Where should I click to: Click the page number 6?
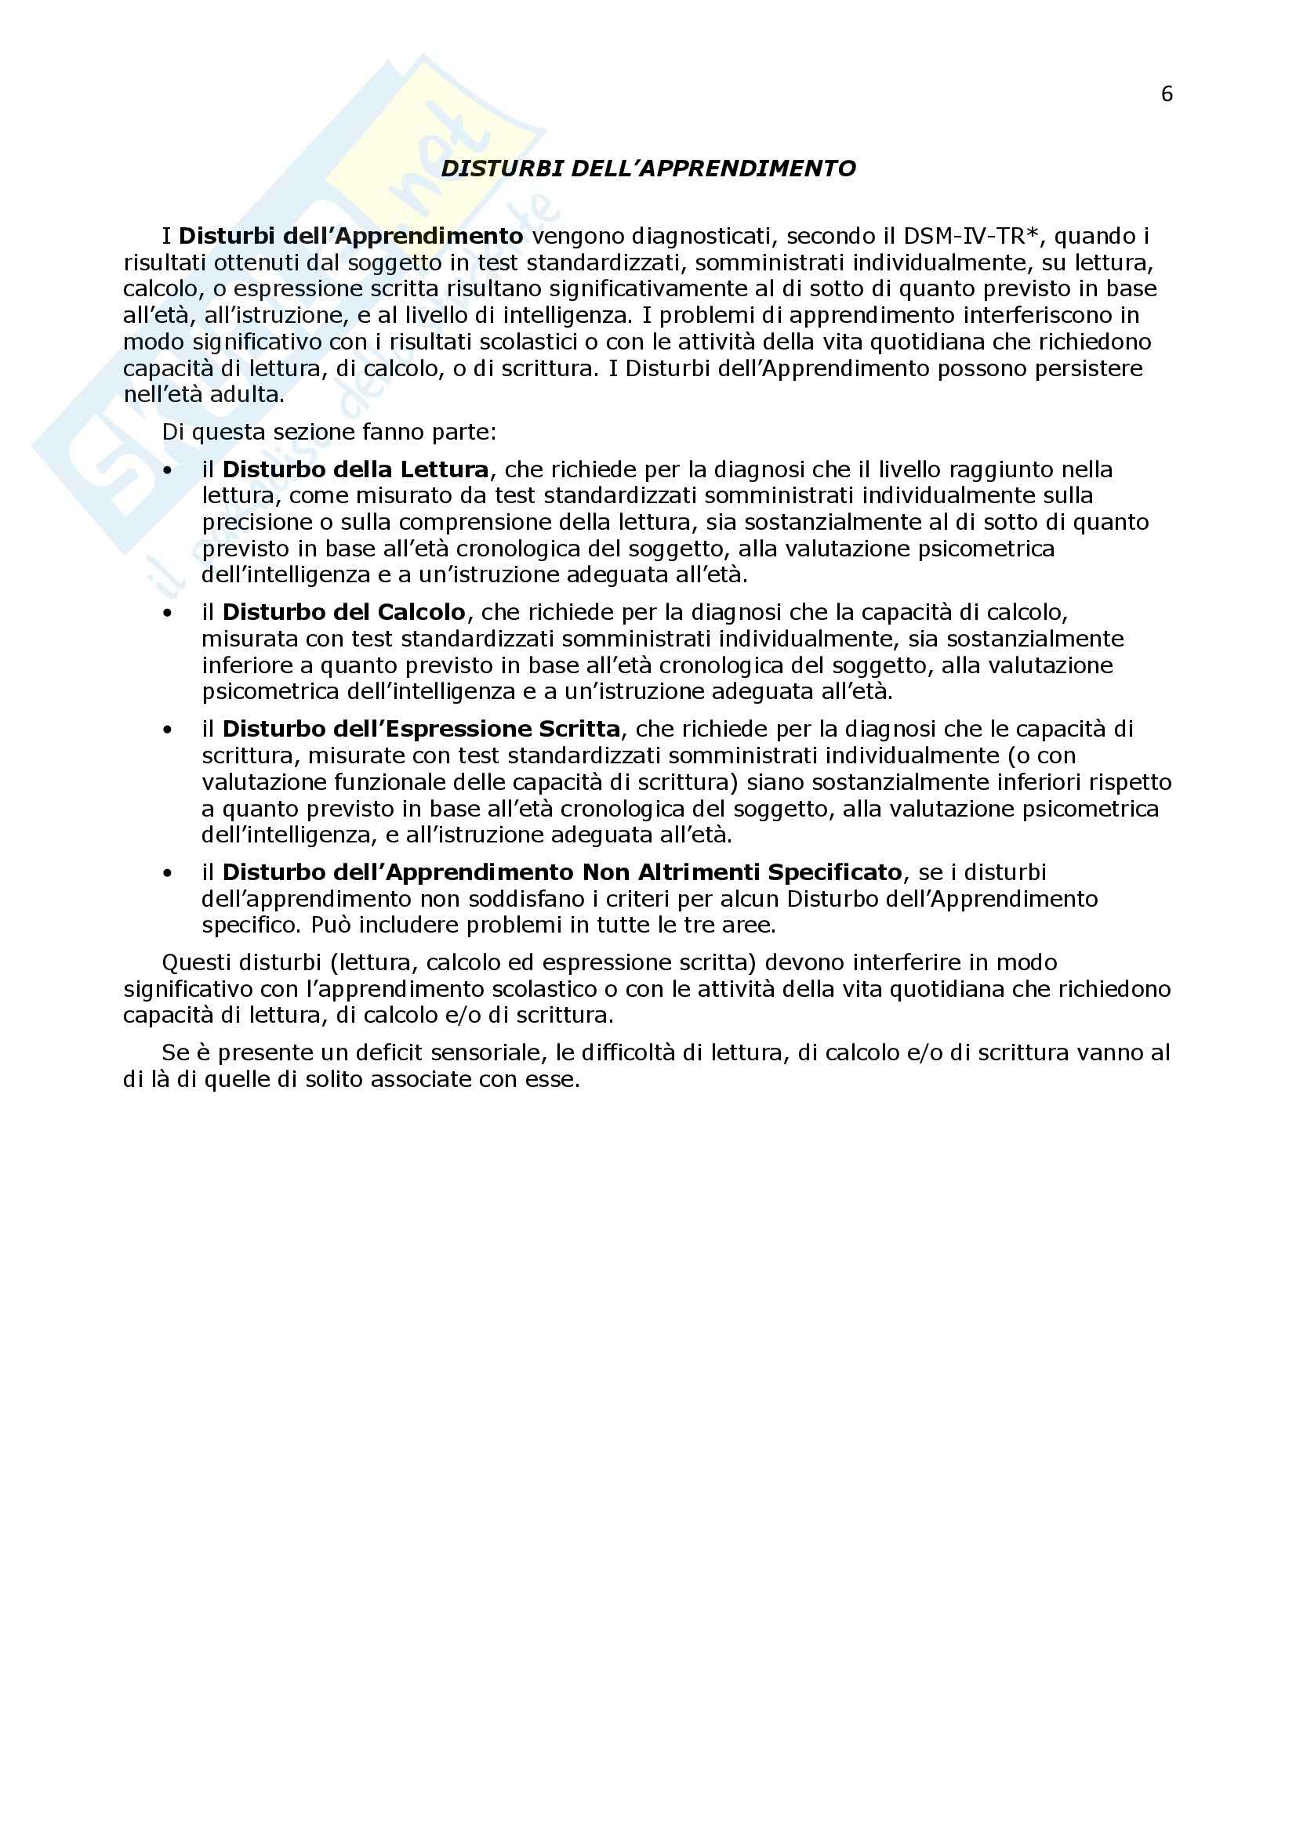click(x=1167, y=94)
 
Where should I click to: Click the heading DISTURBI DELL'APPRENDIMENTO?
click(x=648, y=168)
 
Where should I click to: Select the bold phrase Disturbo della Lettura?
click(x=355, y=469)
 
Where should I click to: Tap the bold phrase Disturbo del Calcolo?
click(x=343, y=612)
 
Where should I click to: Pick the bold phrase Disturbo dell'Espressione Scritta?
click(x=421, y=729)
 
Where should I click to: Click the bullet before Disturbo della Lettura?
click(x=168, y=470)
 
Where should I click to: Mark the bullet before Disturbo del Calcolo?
click(x=168, y=613)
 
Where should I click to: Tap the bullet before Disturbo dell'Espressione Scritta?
click(x=168, y=730)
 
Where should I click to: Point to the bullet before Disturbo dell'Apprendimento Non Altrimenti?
click(x=168, y=872)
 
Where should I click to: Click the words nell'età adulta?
click(x=204, y=394)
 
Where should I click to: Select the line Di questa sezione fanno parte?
click(x=329, y=433)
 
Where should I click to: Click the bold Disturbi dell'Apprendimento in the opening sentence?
click(x=350, y=237)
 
